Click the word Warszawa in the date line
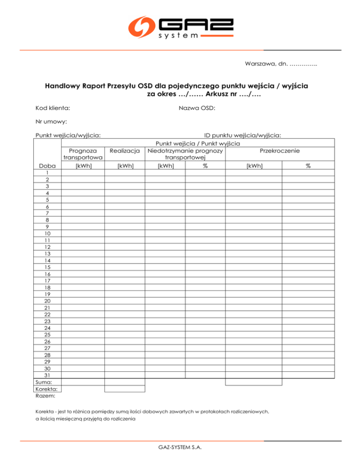(x=259, y=63)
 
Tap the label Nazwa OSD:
(x=197, y=108)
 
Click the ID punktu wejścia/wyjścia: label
(x=242, y=135)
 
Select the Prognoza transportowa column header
(x=83, y=154)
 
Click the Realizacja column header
(x=124, y=151)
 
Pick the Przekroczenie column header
(x=280, y=151)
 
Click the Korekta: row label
(x=46, y=389)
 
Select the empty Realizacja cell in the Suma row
(x=124, y=382)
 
